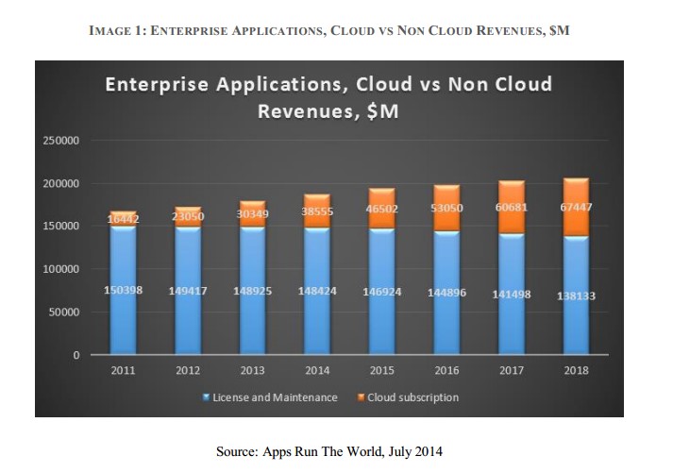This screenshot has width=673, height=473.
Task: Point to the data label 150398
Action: (123, 291)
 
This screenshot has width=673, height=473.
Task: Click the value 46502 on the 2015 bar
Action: (382, 211)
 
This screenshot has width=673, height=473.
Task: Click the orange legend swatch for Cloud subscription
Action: (361, 397)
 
